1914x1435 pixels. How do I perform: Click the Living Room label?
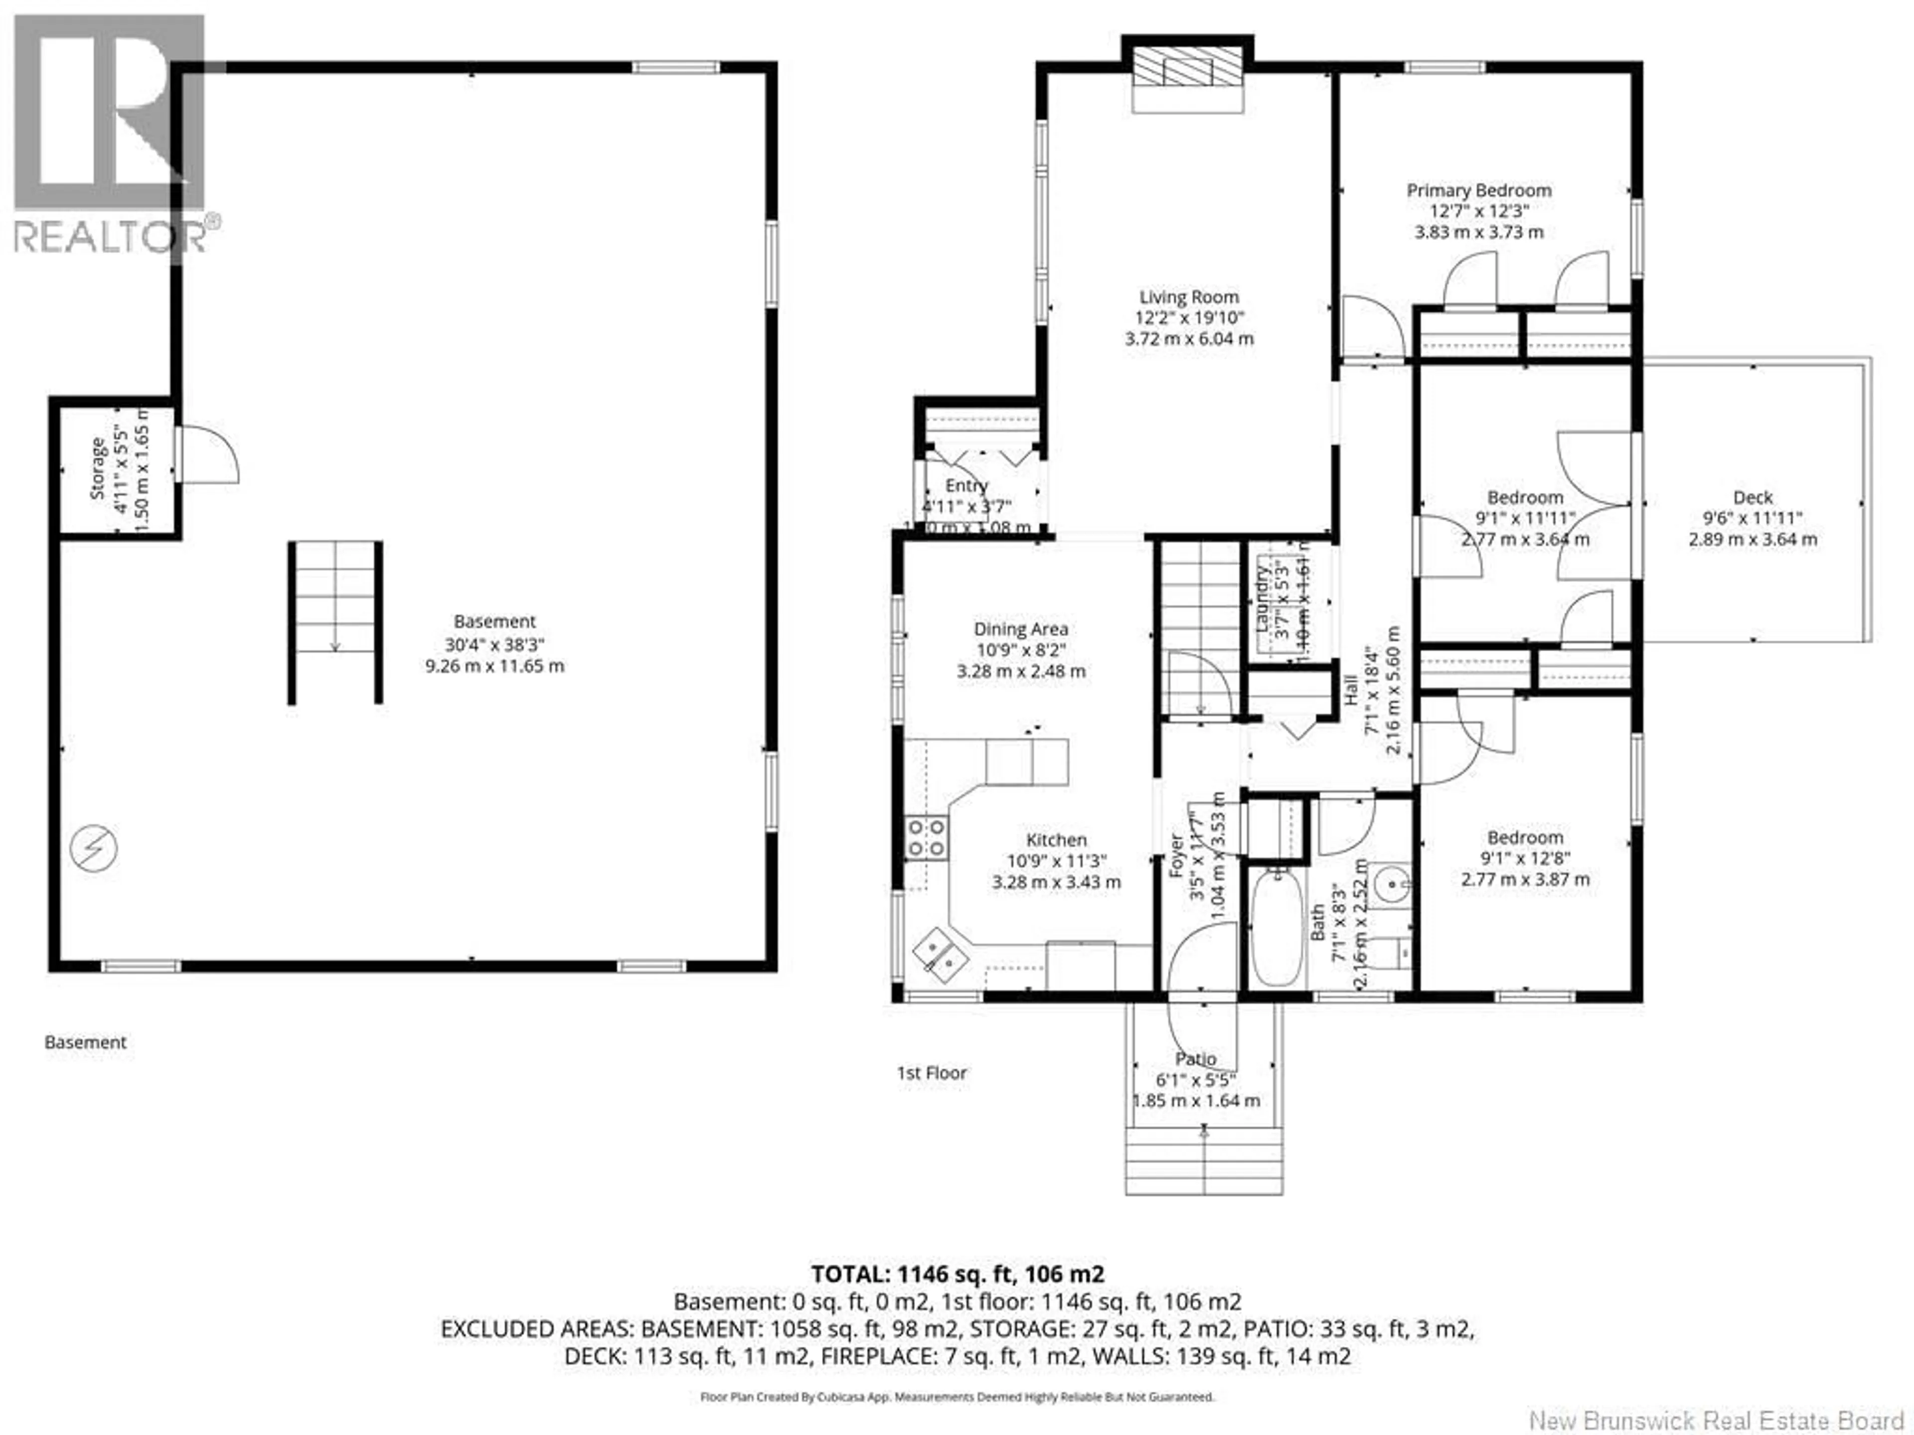coord(1188,296)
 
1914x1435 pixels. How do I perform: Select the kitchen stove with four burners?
coord(926,837)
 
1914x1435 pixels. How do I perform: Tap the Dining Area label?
coord(1020,629)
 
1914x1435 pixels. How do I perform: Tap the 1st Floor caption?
coord(931,1073)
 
